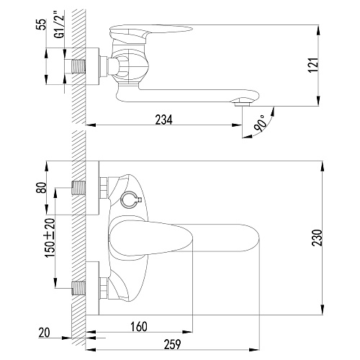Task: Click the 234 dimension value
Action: pyautogui.click(x=163, y=120)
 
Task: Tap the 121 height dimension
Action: pyautogui.click(x=313, y=65)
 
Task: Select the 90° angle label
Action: pyautogui.click(x=261, y=123)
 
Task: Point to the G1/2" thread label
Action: pyautogui.click(x=60, y=24)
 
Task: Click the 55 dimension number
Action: pyautogui.click(x=42, y=24)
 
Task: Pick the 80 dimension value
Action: pyautogui.click(x=42, y=188)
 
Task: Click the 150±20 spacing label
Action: pyautogui.click(x=50, y=238)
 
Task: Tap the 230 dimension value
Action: pyautogui.click(x=317, y=238)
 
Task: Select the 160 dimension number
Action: pyautogui.click(x=139, y=327)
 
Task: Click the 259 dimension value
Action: pyautogui.click(x=172, y=344)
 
